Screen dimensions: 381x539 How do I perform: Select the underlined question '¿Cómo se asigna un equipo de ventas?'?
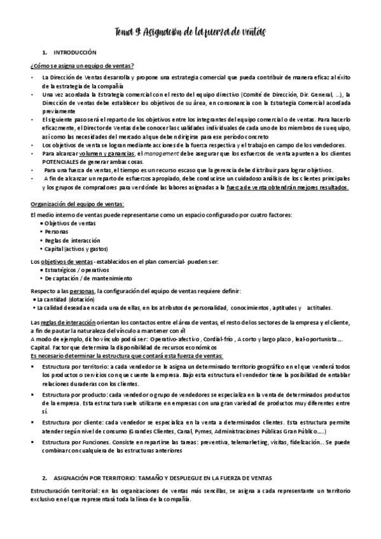pos(82,65)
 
